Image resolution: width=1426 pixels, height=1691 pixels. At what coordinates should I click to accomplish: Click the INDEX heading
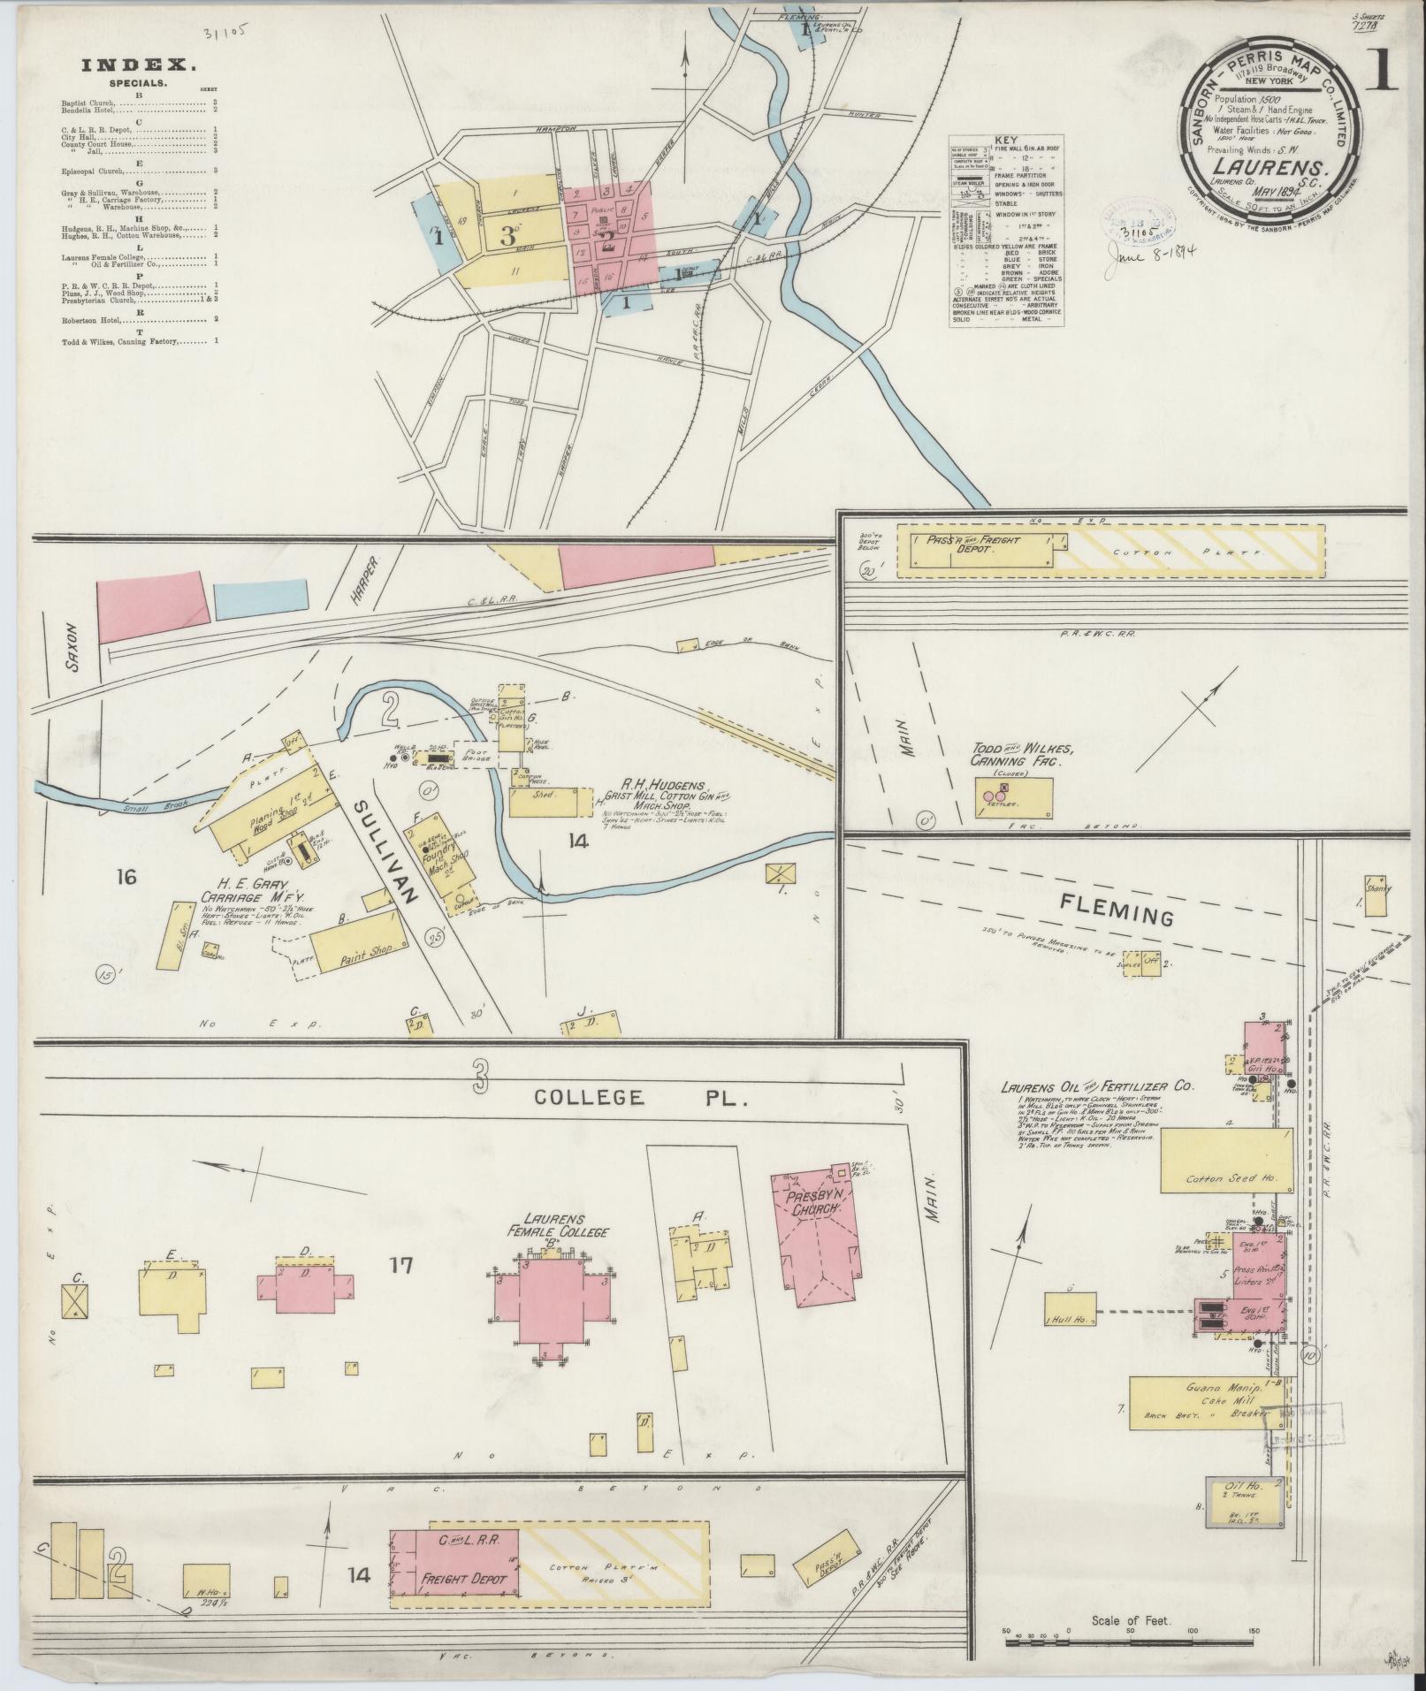[137, 65]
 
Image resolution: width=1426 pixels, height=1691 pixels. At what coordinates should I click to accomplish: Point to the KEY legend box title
[1006, 141]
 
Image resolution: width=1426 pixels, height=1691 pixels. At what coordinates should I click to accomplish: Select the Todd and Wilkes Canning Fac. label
[1023, 754]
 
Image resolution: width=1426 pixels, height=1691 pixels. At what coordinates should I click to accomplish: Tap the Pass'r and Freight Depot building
[977, 552]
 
